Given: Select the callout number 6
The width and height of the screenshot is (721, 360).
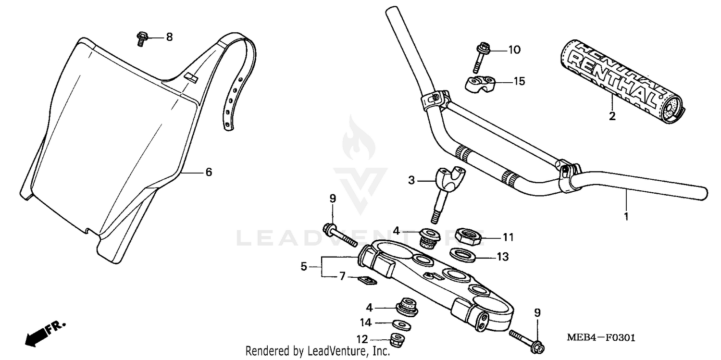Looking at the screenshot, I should [x=209, y=172].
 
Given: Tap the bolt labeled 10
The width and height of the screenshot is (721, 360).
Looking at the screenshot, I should [x=481, y=55].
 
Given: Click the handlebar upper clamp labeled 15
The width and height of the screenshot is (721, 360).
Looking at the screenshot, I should [x=477, y=83].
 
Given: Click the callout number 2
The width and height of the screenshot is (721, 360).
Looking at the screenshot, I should [x=612, y=116].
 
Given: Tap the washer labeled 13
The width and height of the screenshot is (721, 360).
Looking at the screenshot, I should [x=463, y=254].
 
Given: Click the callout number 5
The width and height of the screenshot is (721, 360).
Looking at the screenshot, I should [x=304, y=266].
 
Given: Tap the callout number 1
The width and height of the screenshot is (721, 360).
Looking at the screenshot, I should [x=626, y=217].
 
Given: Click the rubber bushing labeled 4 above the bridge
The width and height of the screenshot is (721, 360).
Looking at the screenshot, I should [x=429, y=237].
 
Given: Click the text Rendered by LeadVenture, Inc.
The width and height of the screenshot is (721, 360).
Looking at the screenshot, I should [x=317, y=351].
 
